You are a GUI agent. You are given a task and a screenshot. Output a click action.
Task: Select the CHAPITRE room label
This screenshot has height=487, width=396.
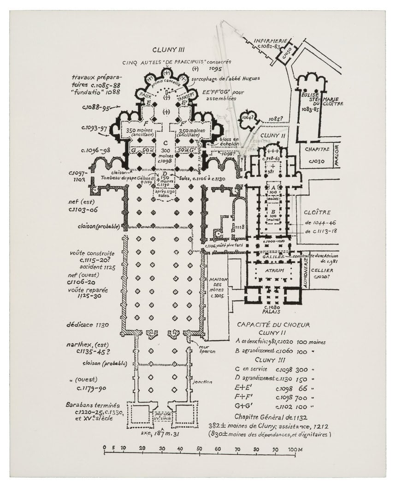click(x=317, y=150)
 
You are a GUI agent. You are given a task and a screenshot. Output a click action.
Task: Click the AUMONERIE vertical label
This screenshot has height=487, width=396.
click(x=306, y=273)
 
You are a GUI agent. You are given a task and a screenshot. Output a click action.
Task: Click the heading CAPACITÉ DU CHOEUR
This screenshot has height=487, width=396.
click(x=273, y=325)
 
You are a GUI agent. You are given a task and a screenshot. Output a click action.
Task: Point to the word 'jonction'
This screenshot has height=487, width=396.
click(x=203, y=382)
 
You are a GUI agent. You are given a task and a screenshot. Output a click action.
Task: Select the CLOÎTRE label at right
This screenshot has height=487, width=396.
click(x=317, y=213)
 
